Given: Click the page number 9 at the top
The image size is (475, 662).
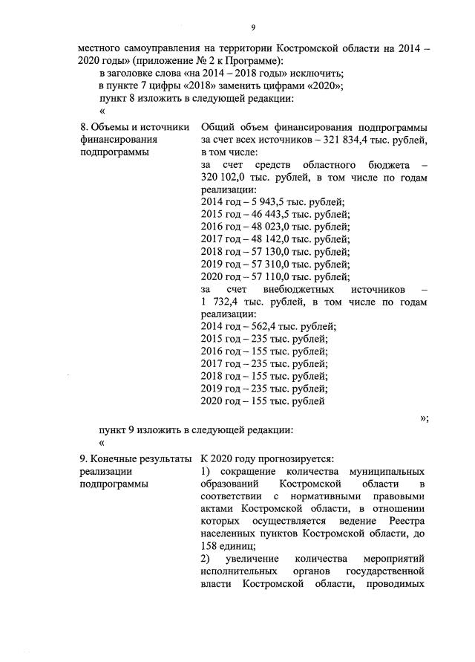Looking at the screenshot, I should coord(253,27).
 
